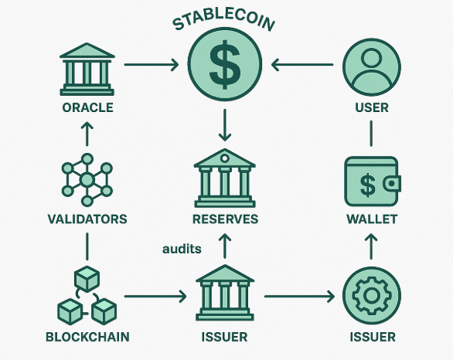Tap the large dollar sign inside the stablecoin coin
225,64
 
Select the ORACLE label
87,107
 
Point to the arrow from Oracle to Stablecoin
152,64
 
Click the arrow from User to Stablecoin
302,64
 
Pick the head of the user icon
372,58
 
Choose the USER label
372,107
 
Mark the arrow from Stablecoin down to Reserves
225,125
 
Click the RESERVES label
226,219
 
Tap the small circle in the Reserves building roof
225,158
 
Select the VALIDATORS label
87,219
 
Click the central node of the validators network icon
87,180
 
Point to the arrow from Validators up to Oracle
87,134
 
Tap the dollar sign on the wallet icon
368,185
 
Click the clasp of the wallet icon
392,183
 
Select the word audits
182,249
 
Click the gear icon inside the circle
372,295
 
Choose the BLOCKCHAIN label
87,337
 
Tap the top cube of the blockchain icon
87,279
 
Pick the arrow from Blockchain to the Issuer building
155,296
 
